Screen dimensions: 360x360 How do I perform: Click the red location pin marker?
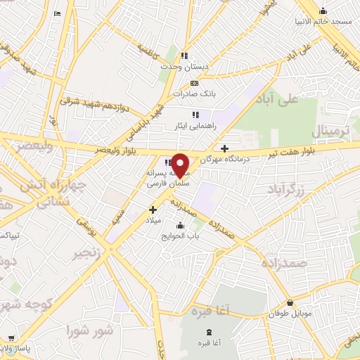click(181, 165)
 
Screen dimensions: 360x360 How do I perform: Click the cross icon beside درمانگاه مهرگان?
click(224, 148)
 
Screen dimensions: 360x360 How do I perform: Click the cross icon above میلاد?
click(153, 210)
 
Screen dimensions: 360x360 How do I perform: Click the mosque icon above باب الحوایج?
click(181, 226)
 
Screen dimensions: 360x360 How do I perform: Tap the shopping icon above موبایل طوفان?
click(290, 302)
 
